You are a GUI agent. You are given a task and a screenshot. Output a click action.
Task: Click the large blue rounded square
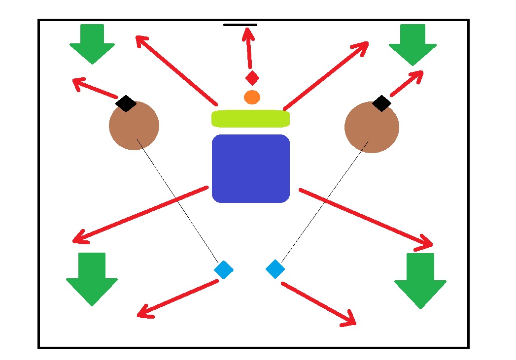[250, 168]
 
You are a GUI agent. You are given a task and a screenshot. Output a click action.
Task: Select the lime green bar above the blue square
[250, 119]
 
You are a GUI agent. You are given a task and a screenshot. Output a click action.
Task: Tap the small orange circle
[252, 97]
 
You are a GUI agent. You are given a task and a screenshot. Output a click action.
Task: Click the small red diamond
[252, 78]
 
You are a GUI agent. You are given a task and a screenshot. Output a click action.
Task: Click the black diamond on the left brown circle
[126, 103]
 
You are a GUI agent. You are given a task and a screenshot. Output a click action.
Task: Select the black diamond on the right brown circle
[381, 103]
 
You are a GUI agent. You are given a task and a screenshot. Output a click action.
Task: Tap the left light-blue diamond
[224, 269]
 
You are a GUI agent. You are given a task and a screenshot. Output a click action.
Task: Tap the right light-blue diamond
[275, 269]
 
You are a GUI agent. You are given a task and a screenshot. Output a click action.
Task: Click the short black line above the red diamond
[240, 25]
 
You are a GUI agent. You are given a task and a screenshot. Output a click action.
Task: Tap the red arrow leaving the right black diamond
[407, 83]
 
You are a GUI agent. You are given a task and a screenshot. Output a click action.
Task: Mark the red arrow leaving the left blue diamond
[177, 298]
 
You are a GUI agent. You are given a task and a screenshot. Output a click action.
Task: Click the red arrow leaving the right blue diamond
[318, 304]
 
